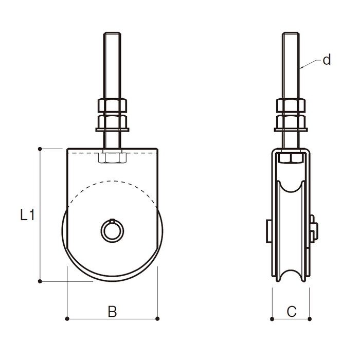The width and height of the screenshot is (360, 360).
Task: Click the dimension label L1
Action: point(27,215)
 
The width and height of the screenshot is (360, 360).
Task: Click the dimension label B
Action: point(112,312)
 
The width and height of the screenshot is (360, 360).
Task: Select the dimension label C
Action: point(292,312)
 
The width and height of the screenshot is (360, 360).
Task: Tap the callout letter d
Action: point(327,60)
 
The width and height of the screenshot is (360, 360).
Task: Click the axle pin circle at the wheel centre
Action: point(112,230)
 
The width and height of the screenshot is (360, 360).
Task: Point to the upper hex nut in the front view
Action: point(112,105)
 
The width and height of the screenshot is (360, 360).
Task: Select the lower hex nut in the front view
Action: point(112,121)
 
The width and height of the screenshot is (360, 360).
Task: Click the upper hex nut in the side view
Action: point(291,105)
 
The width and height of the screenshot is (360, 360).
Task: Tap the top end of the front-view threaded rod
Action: point(112,33)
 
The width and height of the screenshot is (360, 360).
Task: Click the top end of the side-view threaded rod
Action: point(291,33)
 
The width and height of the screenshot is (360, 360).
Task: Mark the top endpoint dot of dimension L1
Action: point(40,149)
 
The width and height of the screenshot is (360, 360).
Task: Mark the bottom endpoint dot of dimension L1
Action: point(40,281)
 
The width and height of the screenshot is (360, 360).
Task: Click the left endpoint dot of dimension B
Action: point(67,319)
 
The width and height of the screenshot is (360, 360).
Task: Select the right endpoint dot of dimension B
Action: point(157,319)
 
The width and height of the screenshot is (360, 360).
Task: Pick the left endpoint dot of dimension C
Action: point(272,319)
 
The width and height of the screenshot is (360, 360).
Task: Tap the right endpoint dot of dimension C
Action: point(310,319)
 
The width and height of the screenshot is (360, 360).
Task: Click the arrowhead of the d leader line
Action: point(301,68)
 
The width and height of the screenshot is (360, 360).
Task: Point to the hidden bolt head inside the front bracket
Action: point(112,158)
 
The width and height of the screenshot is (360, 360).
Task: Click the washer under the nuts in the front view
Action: point(112,130)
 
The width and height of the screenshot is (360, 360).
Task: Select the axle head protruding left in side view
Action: point(269,231)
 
